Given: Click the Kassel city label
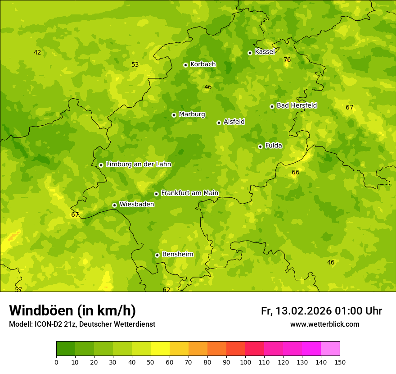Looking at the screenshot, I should click(x=265, y=52).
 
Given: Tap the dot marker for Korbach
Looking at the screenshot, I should click(x=185, y=65).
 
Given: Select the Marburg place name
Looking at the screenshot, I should click(x=192, y=114).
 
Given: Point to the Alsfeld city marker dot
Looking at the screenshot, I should click(x=219, y=123).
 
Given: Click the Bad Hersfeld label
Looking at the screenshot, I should click(x=297, y=105).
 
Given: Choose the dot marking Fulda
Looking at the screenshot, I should click(x=260, y=146).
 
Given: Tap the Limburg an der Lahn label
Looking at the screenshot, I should click(x=138, y=164).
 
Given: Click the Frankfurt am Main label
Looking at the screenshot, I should click(x=189, y=193).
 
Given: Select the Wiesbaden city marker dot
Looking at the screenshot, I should click(x=115, y=205).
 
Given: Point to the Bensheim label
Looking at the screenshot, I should click(x=177, y=255).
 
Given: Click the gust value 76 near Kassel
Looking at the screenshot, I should click(x=287, y=60).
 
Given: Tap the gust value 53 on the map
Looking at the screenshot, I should click(x=135, y=65).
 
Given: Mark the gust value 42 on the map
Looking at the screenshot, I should click(x=37, y=53).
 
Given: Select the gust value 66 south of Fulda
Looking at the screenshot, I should click(x=295, y=173).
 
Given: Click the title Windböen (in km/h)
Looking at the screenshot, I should click(x=72, y=310).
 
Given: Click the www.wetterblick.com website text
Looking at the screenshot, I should click(x=324, y=324).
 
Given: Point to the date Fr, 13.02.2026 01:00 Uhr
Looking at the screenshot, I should click(x=321, y=311).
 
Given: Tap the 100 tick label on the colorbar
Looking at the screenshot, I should click(x=245, y=362).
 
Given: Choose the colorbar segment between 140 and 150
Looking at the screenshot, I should click(x=330, y=349).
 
